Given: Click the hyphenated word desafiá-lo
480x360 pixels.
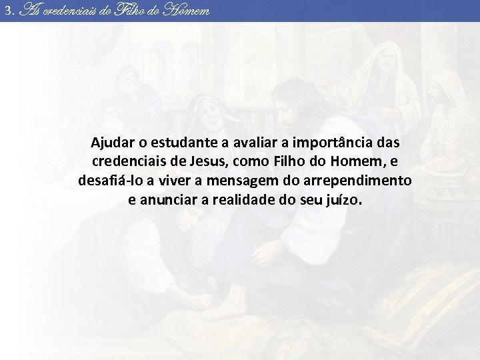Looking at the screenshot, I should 109,181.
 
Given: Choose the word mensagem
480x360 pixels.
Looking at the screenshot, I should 234,181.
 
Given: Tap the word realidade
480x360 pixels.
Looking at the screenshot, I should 248,199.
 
